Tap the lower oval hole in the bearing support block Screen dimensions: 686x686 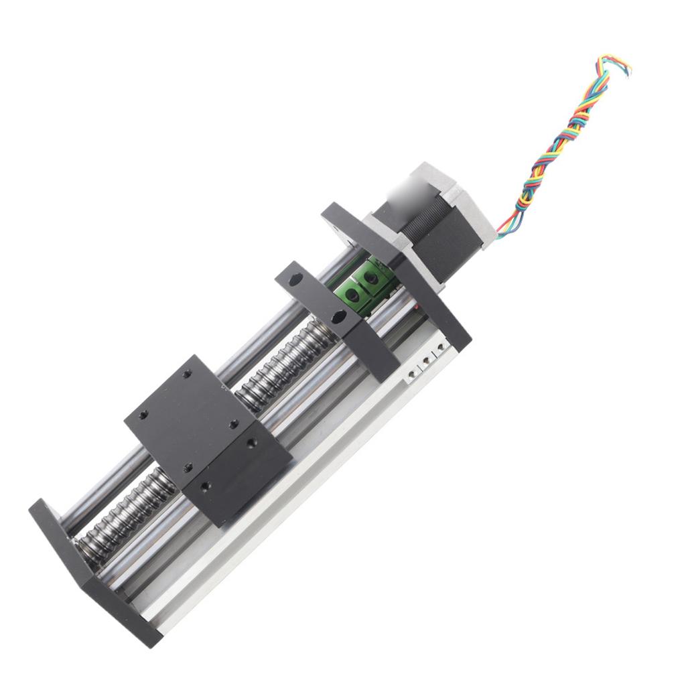point(340,316)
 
